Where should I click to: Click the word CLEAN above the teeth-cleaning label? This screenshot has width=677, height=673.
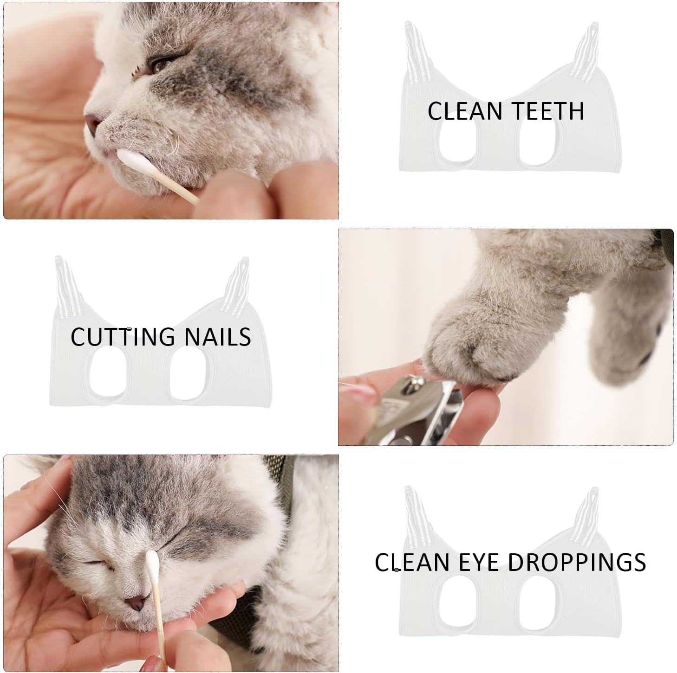pyautogui.click(x=465, y=111)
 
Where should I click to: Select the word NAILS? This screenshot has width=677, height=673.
pyautogui.click(x=218, y=337)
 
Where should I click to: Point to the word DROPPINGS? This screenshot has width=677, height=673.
pyautogui.click(x=576, y=562)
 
